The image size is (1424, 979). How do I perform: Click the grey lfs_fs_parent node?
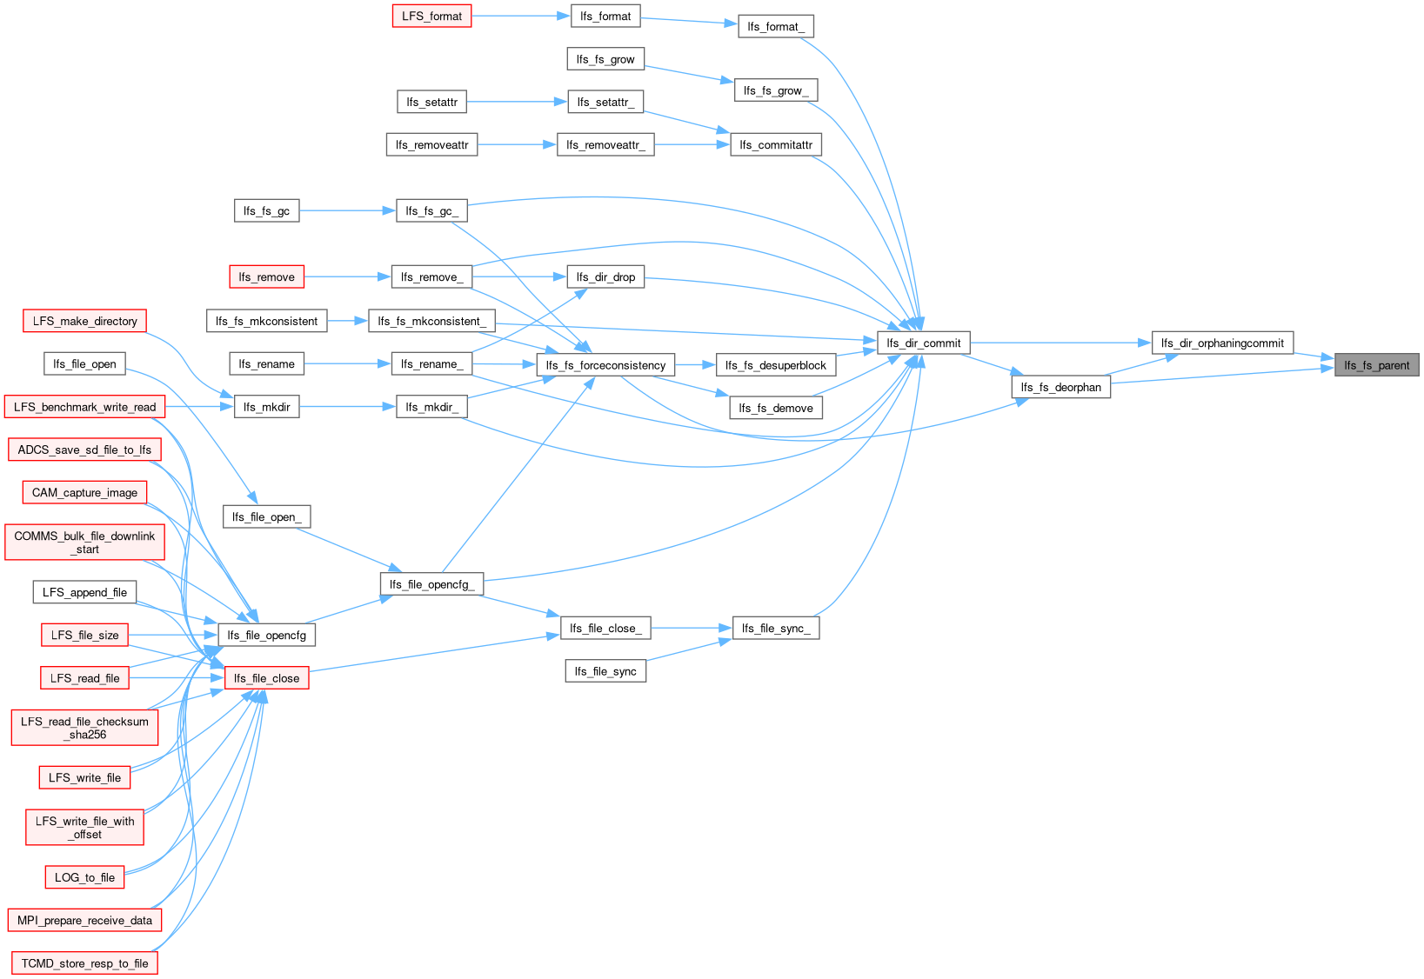1376,365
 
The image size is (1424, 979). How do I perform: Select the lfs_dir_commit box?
924,343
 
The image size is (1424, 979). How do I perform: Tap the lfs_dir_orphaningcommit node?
1222,343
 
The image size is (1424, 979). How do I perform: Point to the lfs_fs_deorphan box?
1061,387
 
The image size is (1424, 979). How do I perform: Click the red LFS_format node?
431,16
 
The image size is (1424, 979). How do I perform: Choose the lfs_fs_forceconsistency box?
605,365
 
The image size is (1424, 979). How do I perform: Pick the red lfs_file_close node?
266,678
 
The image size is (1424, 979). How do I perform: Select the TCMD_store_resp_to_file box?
84,963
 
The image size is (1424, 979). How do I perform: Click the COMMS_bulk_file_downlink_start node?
84,543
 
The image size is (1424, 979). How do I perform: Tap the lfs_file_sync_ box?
776,629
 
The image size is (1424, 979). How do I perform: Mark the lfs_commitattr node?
776,145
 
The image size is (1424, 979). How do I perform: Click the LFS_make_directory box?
84,321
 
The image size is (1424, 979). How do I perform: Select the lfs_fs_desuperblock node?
776,365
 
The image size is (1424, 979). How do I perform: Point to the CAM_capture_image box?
84,492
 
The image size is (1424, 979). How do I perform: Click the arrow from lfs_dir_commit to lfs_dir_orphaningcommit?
1061,343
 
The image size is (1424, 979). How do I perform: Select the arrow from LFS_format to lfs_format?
521,16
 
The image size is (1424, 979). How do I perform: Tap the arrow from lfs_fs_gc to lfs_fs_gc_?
347,210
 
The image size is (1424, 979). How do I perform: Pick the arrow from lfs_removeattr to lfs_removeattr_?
517,145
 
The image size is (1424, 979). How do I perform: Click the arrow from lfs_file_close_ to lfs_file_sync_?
692,629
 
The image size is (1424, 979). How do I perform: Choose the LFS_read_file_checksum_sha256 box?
84,728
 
